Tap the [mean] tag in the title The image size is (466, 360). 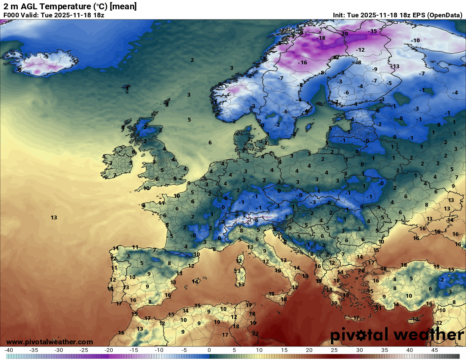(x=123, y=7)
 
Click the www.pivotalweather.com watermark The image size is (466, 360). (x=50, y=342)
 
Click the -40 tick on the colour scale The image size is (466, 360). (x=9, y=350)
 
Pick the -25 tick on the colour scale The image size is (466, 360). (x=84, y=350)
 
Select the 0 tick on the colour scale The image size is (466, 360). (x=209, y=350)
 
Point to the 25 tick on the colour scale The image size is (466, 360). (x=334, y=350)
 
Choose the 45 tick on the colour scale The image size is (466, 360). (x=434, y=350)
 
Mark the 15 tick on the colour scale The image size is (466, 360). (x=284, y=350)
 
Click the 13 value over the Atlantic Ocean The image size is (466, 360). (x=54, y=218)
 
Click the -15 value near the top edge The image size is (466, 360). (x=372, y=31)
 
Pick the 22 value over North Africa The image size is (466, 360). (x=255, y=333)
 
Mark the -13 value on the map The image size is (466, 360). (x=395, y=66)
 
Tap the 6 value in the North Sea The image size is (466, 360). (x=210, y=143)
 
